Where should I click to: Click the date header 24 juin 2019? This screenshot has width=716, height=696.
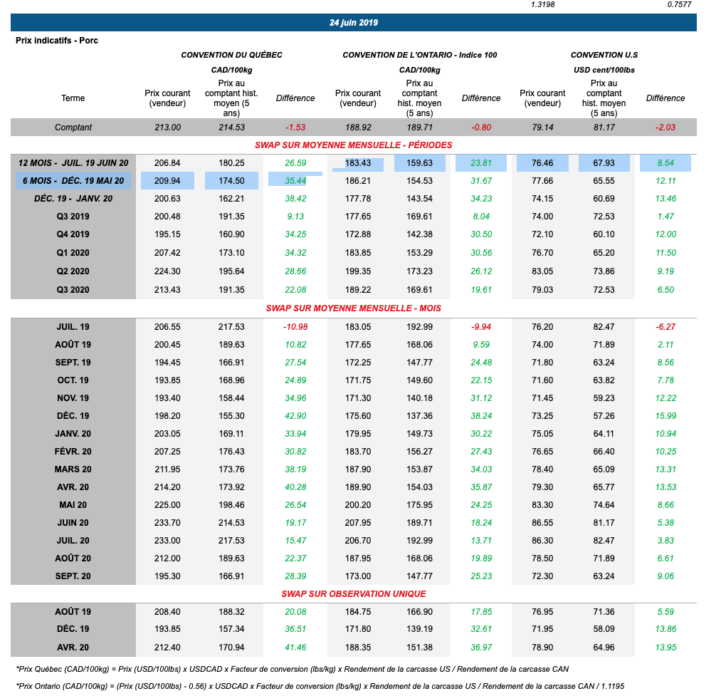354,23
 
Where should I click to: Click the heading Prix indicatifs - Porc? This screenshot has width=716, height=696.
57,41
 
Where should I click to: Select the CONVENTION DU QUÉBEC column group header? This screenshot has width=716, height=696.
231,55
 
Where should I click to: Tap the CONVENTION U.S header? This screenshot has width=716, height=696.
604,55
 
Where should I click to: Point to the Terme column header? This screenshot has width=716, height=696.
73,98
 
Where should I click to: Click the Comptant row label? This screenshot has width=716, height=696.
73,128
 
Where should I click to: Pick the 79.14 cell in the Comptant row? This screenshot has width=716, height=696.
542,128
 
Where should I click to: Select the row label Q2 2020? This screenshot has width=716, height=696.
73,271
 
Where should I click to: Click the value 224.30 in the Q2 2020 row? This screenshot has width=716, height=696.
167,271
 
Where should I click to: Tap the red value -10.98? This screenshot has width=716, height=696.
295,327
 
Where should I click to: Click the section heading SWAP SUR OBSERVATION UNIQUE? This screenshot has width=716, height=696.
354,593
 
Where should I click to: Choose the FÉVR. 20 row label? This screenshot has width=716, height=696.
73,452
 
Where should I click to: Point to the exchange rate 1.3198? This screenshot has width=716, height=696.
543,5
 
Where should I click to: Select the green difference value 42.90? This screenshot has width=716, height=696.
295,416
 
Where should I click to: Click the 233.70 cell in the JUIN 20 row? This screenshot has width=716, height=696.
167,523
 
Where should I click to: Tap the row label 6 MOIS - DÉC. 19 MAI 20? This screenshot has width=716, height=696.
73,181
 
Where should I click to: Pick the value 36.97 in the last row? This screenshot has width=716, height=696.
481,648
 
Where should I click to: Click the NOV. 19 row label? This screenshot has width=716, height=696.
73,398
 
